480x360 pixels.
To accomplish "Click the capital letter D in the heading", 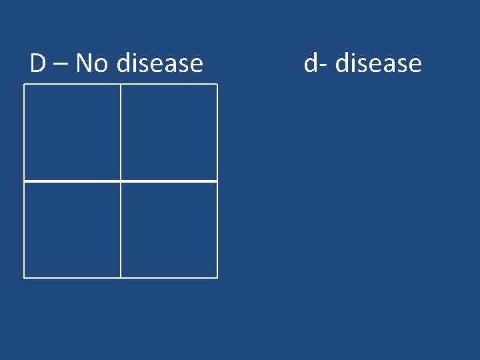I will click(x=38, y=63).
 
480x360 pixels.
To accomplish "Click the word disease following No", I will click(x=160, y=63).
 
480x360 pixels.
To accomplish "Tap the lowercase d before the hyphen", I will click(x=311, y=63).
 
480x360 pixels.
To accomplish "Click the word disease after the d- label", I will click(x=379, y=63).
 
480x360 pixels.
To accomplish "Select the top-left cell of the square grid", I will click(x=72, y=132).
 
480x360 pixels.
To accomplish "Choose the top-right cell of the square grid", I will click(x=169, y=132).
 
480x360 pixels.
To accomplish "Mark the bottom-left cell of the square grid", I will click(x=72, y=229).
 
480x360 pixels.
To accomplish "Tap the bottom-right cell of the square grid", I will click(x=169, y=229).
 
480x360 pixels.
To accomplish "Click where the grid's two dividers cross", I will click(x=121, y=181).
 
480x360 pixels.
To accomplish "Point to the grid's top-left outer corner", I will click(x=24, y=84).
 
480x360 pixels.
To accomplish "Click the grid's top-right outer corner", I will click(x=217, y=84).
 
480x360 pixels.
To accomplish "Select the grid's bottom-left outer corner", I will click(x=24, y=277).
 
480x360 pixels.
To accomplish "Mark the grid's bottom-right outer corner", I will click(x=217, y=277).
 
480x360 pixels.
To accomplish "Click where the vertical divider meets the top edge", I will click(x=121, y=84).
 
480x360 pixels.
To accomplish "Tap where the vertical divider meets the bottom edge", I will click(x=121, y=277).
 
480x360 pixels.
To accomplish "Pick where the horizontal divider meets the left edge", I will click(x=24, y=181).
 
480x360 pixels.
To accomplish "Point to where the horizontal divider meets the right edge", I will click(x=217, y=181).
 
